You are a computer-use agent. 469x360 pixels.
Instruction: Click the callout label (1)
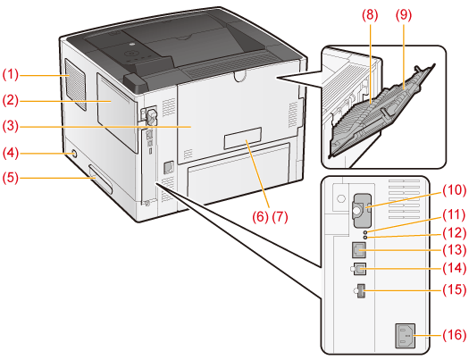[11, 74]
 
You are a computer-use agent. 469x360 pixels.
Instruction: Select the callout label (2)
[11, 100]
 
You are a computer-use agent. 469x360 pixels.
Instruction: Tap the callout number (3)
[11, 126]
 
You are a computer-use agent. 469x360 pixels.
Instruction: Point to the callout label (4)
[11, 153]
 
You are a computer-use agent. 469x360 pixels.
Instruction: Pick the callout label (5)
[11, 178]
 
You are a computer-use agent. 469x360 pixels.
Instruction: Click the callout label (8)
[370, 15]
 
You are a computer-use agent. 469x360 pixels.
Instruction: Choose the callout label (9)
[404, 15]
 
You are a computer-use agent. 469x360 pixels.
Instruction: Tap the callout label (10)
[455, 190]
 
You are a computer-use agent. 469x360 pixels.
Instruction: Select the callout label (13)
[455, 249]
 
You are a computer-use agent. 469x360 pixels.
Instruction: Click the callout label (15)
[455, 289]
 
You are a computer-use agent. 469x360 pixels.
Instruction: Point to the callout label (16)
[455, 335]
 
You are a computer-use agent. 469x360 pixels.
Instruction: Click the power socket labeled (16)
[406, 336]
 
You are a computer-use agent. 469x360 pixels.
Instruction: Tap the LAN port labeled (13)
[359, 249]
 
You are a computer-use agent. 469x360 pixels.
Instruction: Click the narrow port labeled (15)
[361, 291]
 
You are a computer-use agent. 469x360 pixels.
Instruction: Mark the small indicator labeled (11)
[364, 231]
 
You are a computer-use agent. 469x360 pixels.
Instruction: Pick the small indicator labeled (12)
[364, 237]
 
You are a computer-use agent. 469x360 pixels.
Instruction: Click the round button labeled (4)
[74, 155]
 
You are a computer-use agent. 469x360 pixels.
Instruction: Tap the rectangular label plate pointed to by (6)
[243, 138]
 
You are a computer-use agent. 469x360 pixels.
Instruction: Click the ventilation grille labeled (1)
[75, 84]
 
